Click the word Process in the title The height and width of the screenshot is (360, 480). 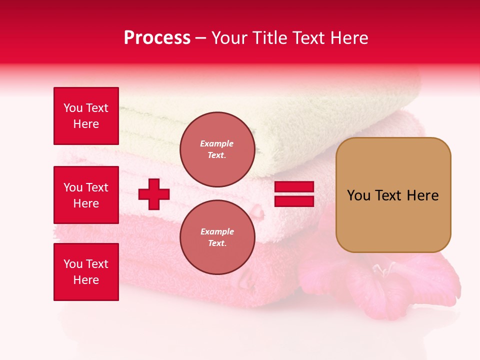pyautogui.click(x=157, y=38)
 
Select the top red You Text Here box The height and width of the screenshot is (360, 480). pyautogui.click(x=86, y=116)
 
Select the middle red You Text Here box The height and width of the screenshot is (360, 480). pyautogui.click(x=86, y=195)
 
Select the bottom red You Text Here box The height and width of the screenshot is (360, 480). pyautogui.click(x=86, y=272)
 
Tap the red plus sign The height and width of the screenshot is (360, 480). pyautogui.click(x=154, y=194)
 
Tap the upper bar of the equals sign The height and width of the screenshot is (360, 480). pyautogui.click(x=294, y=186)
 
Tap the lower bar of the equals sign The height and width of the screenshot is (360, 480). pyautogui.click(x=294, y=201)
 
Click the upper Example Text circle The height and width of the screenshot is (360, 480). pyautogui.click(x=217, y=149)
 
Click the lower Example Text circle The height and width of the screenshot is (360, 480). pyautogui.click(x=217, y=237)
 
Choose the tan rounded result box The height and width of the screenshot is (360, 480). pyautogui.click(x=393, y=195)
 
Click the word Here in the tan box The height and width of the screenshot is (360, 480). pyautogui.click(x=422, y=195)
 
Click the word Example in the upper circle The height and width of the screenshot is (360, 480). pyautogui.click(x=216, y=144)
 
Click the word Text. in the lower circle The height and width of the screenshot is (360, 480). pyautogui.click(x=217, y=243)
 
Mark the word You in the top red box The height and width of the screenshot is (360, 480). pyautogui.click(x=73, y=108)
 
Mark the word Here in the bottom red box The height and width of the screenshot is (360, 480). pyautogui.click(x=86, y=280)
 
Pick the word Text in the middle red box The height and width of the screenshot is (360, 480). pyautogui.click(x=97, y=187)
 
